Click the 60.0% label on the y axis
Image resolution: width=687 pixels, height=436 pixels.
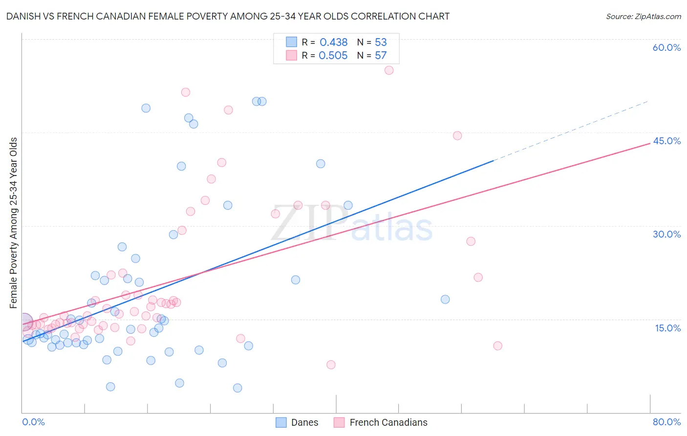(x=666, y=47)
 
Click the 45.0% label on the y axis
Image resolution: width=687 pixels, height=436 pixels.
(x=666, y=141)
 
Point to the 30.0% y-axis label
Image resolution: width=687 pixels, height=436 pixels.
(x=666, y=234)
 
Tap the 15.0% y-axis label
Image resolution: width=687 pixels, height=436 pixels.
(x=667, y=328)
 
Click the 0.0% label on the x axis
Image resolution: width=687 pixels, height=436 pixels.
(x=33, y=422)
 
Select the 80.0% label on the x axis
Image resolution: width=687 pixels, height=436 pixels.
(x=666, y=422)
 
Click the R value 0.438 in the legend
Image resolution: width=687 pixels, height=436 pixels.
(x=334, y=43)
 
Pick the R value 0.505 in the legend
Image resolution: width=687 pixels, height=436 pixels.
(x=333, y=56)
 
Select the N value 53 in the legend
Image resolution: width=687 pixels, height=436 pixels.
(x=381, y=43)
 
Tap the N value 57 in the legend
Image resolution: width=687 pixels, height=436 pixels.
(x=381, y=56)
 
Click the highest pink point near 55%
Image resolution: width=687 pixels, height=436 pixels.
(x=389, y=70)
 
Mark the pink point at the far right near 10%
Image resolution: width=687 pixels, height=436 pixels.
(x=497, y=346)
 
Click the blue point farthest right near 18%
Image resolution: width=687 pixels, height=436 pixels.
(x=445, y=299)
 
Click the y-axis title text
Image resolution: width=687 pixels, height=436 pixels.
(x=14, y=222)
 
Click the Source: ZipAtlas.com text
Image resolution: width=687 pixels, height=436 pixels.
(x=643, y=17)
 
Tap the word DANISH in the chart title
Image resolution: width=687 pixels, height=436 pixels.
(x=23, y=17)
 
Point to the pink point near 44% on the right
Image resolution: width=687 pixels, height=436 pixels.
(x=457, y=135)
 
